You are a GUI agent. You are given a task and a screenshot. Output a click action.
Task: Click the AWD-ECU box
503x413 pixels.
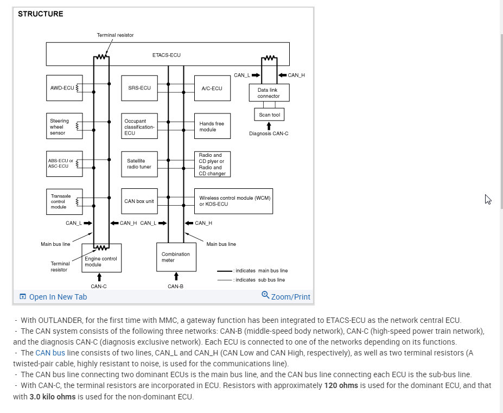65,88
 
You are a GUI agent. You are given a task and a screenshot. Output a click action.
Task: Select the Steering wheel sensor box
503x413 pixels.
65,126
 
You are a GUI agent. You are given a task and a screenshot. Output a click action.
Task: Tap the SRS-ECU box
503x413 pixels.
139,88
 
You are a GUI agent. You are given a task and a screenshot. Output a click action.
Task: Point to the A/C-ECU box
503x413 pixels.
212,88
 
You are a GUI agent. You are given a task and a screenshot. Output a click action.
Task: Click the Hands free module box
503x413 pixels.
212,126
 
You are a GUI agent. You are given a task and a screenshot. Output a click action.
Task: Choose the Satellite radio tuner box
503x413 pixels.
139,164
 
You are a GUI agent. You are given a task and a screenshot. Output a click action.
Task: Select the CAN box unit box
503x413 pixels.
139,201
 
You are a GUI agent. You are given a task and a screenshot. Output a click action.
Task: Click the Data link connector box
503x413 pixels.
269,93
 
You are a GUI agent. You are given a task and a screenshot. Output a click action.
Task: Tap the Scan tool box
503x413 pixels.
269,115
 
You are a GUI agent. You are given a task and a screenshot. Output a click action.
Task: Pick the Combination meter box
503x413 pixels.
176,257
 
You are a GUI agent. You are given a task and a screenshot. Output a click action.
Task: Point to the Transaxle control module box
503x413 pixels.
65,201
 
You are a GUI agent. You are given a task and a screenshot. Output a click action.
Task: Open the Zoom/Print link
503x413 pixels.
286,296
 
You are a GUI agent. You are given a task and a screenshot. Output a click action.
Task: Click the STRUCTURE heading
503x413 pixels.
40,14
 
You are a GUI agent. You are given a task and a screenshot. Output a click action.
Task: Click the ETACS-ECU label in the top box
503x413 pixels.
167,55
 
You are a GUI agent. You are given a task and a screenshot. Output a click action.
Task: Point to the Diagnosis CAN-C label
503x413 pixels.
269,134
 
